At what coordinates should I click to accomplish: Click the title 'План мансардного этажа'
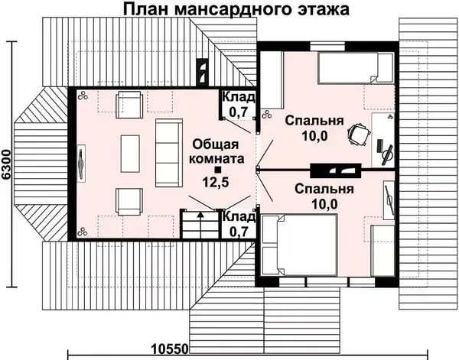235,11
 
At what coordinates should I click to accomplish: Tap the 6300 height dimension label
8,164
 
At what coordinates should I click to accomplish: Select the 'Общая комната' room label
218,151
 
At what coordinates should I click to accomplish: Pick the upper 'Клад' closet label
239,97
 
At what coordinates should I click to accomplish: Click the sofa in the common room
167,153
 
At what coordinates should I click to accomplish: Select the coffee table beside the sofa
130,152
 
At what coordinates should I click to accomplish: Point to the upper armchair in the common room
129,103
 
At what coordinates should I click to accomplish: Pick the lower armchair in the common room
129,201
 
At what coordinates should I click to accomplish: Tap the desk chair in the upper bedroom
356,135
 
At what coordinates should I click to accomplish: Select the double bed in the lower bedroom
299,245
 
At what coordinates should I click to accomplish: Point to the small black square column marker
218,169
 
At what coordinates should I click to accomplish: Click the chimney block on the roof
203,72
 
